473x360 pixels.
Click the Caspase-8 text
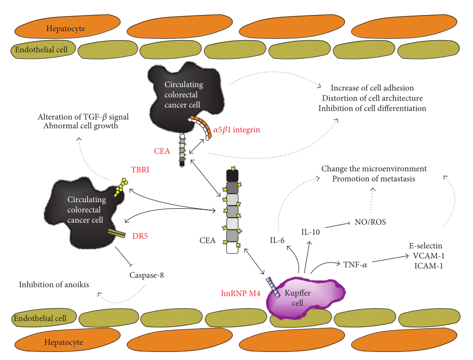tap(146, 275)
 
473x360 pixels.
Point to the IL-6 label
tap(277, 240)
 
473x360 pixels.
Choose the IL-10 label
tap(311, 232)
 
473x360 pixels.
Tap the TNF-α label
tap(355, 263)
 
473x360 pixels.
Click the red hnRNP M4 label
tap(241, 293)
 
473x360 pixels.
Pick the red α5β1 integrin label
tap(236, 130)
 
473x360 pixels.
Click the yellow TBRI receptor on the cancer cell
tap(120, 188)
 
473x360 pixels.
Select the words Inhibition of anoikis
tap(54, 285)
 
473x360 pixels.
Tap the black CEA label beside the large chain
tap(207, 240)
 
